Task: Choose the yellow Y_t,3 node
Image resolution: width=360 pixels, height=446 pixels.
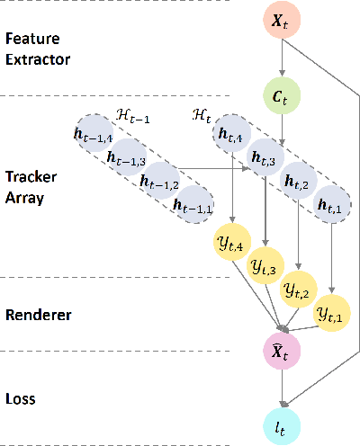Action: click(x=265, y=266)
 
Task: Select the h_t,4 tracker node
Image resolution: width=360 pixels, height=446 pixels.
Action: click(x=232, y=138)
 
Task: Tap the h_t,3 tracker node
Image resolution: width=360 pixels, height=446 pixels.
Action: click(x=265, y=160)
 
